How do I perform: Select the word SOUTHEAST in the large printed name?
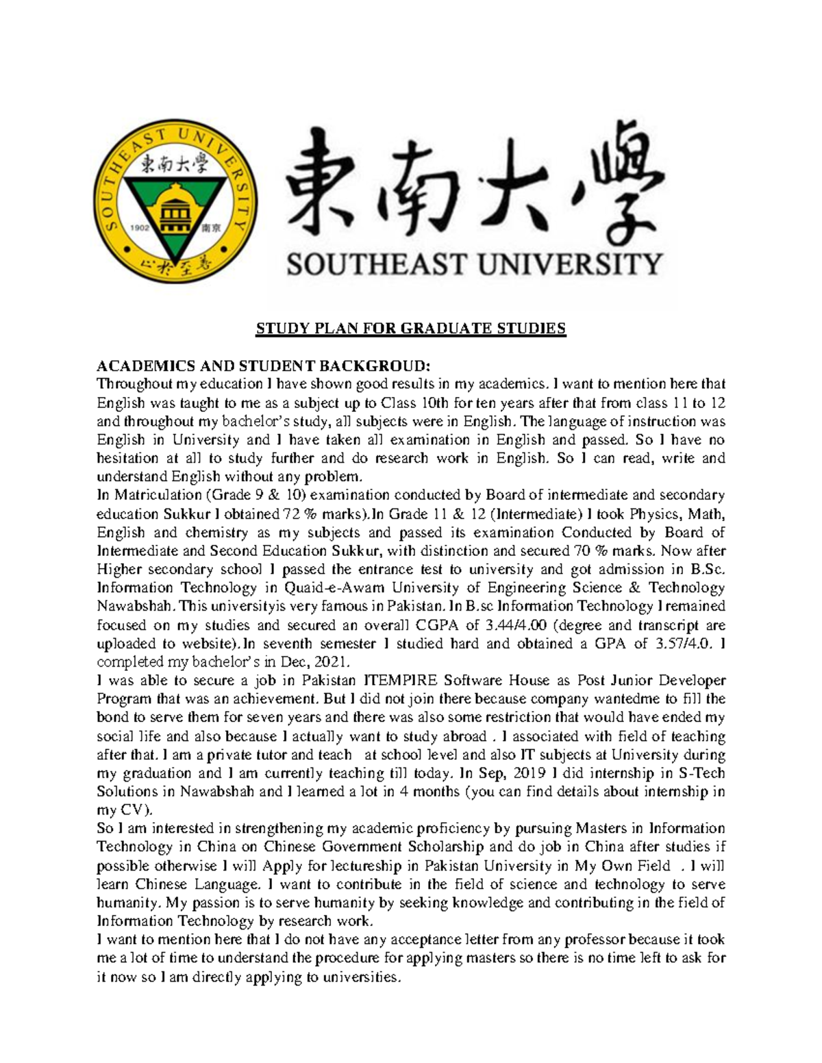(373, 264)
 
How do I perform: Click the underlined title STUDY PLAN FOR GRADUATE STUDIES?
(411, 329)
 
